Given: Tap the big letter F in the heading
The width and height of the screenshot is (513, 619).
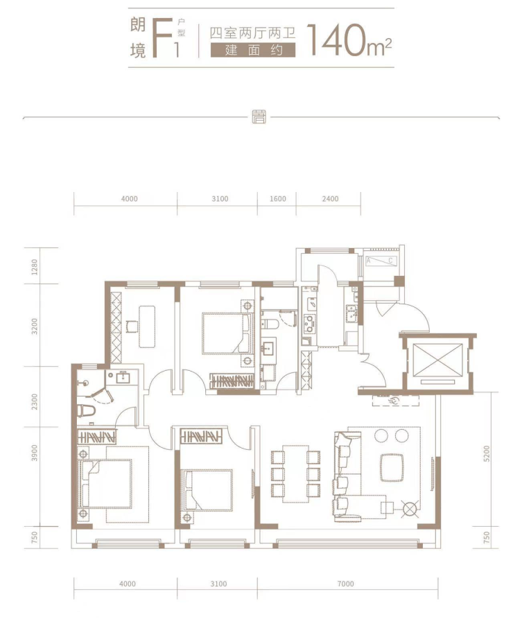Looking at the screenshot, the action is pyautogui.click(x=162, y=40).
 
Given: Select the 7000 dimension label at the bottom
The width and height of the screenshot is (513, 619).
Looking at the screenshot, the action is pyautogui.click(x=345, y=584).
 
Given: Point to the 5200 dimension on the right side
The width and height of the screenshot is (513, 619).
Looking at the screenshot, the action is pyautogui.click(x=486, y=453).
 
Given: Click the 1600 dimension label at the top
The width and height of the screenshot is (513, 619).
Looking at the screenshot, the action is pyautogui.click(x=277, y=198).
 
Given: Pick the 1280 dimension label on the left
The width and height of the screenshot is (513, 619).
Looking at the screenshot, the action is pyautogui.click(x=35, y=267).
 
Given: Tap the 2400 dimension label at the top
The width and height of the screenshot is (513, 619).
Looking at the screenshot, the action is pyautogui.click(x=330, y=198).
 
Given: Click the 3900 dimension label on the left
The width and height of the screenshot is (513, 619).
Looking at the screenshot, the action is pyautogui.click(x=35, y=453).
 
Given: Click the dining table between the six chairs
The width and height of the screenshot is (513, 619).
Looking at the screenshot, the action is pyautogui.click(x=295, y=473).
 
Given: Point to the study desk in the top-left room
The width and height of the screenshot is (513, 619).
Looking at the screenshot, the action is pyautogui.click(x=147, y=326).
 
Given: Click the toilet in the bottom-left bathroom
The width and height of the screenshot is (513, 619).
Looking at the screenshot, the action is pyautogui.click(x=87, y=410).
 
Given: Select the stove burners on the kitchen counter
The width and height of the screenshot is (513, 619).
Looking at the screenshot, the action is pyautogui.click(x=308, y=323).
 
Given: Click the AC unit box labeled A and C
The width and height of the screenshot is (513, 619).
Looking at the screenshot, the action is pyautogui.click(x=381, y=261).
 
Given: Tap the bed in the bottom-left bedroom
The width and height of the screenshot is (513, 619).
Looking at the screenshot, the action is pyautogui.click(x=106, y=484).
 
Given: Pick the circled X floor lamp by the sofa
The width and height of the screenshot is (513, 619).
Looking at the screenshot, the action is pyautogui.click(x=410, y=509).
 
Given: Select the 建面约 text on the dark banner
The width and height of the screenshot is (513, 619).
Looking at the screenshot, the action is pyautogui.click(x=253, y=51).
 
